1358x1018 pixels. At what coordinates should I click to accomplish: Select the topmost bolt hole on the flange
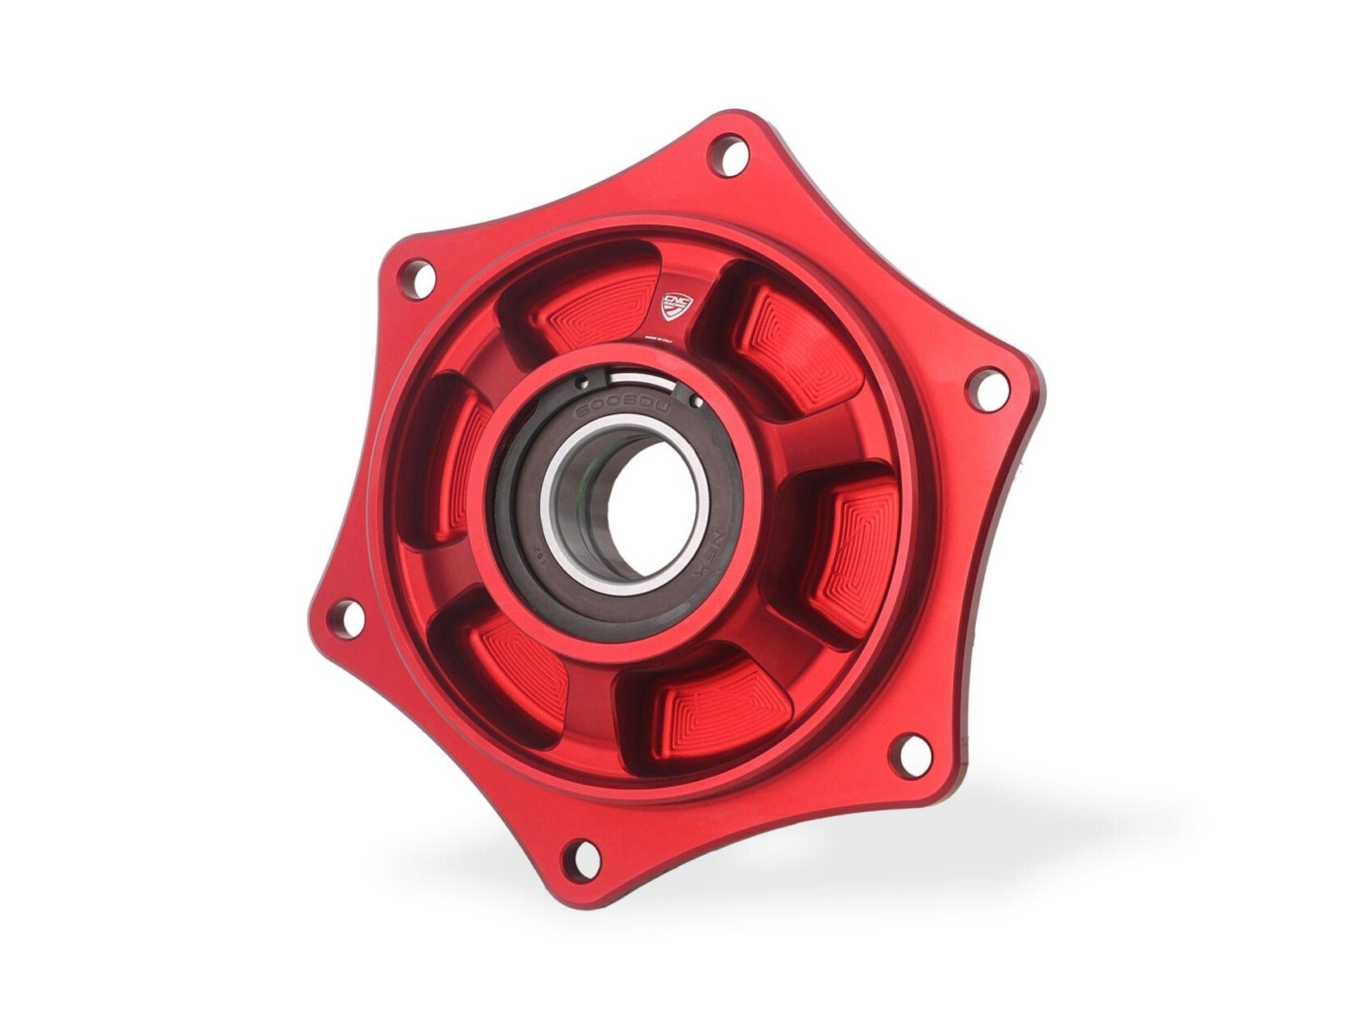[727, 156]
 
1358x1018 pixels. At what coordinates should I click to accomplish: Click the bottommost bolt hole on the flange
[582, 858]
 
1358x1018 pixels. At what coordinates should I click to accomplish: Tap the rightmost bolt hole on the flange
[986, 390]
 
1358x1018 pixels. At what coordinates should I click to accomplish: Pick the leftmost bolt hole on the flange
[348, 619]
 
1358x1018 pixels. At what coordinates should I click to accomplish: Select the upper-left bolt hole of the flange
[419, 277]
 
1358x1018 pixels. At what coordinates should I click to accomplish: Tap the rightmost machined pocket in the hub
[855, 554]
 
